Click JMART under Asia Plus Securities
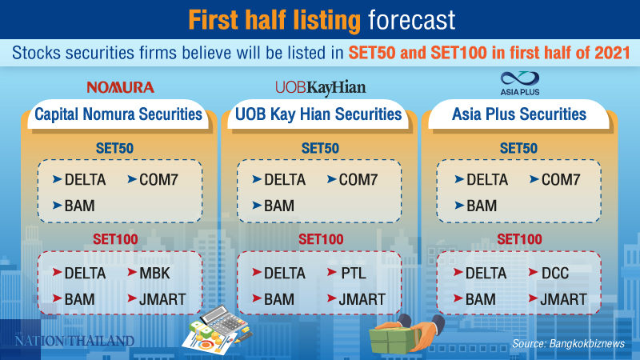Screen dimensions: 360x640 pyautogui.click(x=563, y=300)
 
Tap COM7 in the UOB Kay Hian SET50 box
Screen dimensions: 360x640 pyautogui.click(x=358, y=180)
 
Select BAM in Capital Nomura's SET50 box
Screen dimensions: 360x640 pyautogui.click(x=79, y=206)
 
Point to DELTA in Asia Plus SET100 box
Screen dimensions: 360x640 pyautogui.click(x=486, y=274)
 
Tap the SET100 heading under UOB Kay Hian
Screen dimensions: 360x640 pyautogui.click(x=320, y=238)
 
